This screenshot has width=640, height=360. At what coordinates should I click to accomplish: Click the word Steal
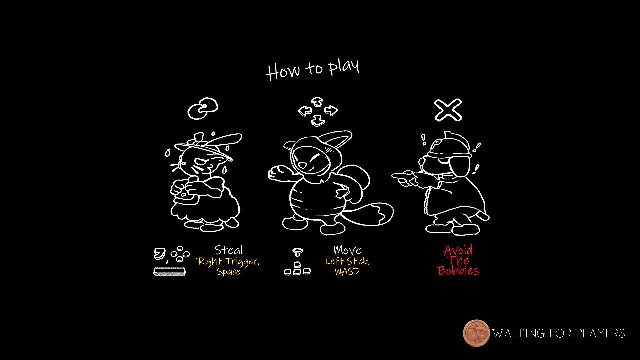229,250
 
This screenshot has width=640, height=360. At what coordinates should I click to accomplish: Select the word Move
347,250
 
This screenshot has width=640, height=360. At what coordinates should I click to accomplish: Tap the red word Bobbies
458,270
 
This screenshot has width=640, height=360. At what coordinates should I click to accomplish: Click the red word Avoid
458,250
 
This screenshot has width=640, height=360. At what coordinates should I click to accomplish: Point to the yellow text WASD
347,271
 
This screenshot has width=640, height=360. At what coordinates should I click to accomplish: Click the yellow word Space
229,271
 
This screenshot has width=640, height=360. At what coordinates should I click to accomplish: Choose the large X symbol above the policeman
448,110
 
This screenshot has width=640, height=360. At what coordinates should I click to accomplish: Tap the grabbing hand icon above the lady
203,108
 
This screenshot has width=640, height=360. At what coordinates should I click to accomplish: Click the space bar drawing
169,271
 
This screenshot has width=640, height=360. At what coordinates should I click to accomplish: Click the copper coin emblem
476,333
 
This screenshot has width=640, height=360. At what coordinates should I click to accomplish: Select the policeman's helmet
448,144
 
